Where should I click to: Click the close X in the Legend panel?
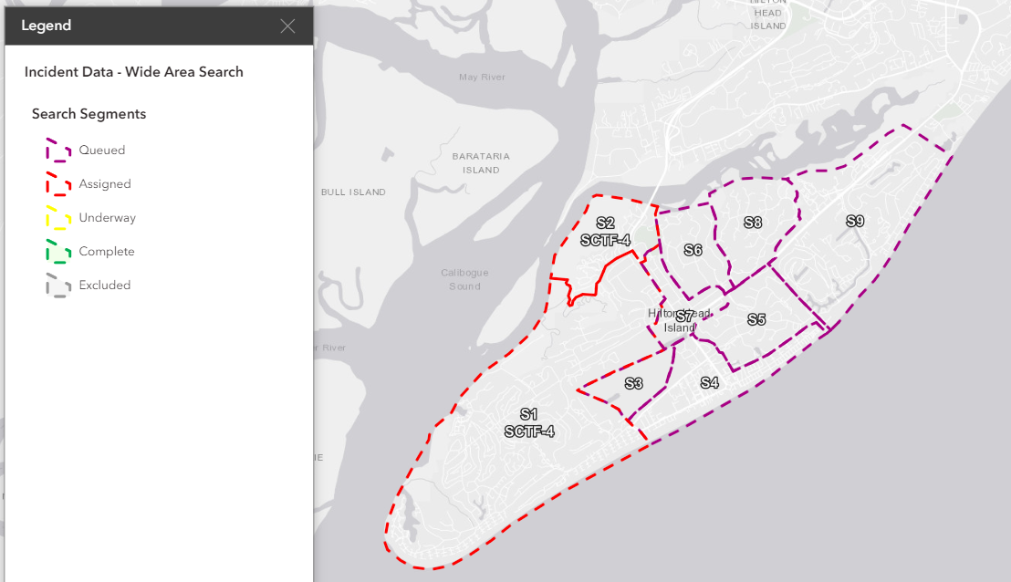point(287,26)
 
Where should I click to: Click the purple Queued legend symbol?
point(58,151)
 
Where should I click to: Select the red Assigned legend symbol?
point(58,184)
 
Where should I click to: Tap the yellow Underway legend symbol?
point(58,218)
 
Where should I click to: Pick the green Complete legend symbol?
point(58,252)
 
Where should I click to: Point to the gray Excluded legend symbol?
point(58,286)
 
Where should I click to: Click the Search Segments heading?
point(89,114)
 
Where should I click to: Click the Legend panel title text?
point(47,26)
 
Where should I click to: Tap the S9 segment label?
point(855,221)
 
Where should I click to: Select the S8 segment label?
point(753,223)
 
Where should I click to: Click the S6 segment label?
point(693,250)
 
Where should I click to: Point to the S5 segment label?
point(756,319)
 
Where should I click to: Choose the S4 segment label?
point(710,382)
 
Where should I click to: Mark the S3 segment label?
point(634,383)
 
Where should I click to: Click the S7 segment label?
point(684,316)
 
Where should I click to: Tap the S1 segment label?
point(529,414)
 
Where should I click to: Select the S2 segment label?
point(605,223)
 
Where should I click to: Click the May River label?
point(482,78)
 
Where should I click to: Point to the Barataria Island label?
point(481,163)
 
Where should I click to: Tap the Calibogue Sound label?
point(464,279)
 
